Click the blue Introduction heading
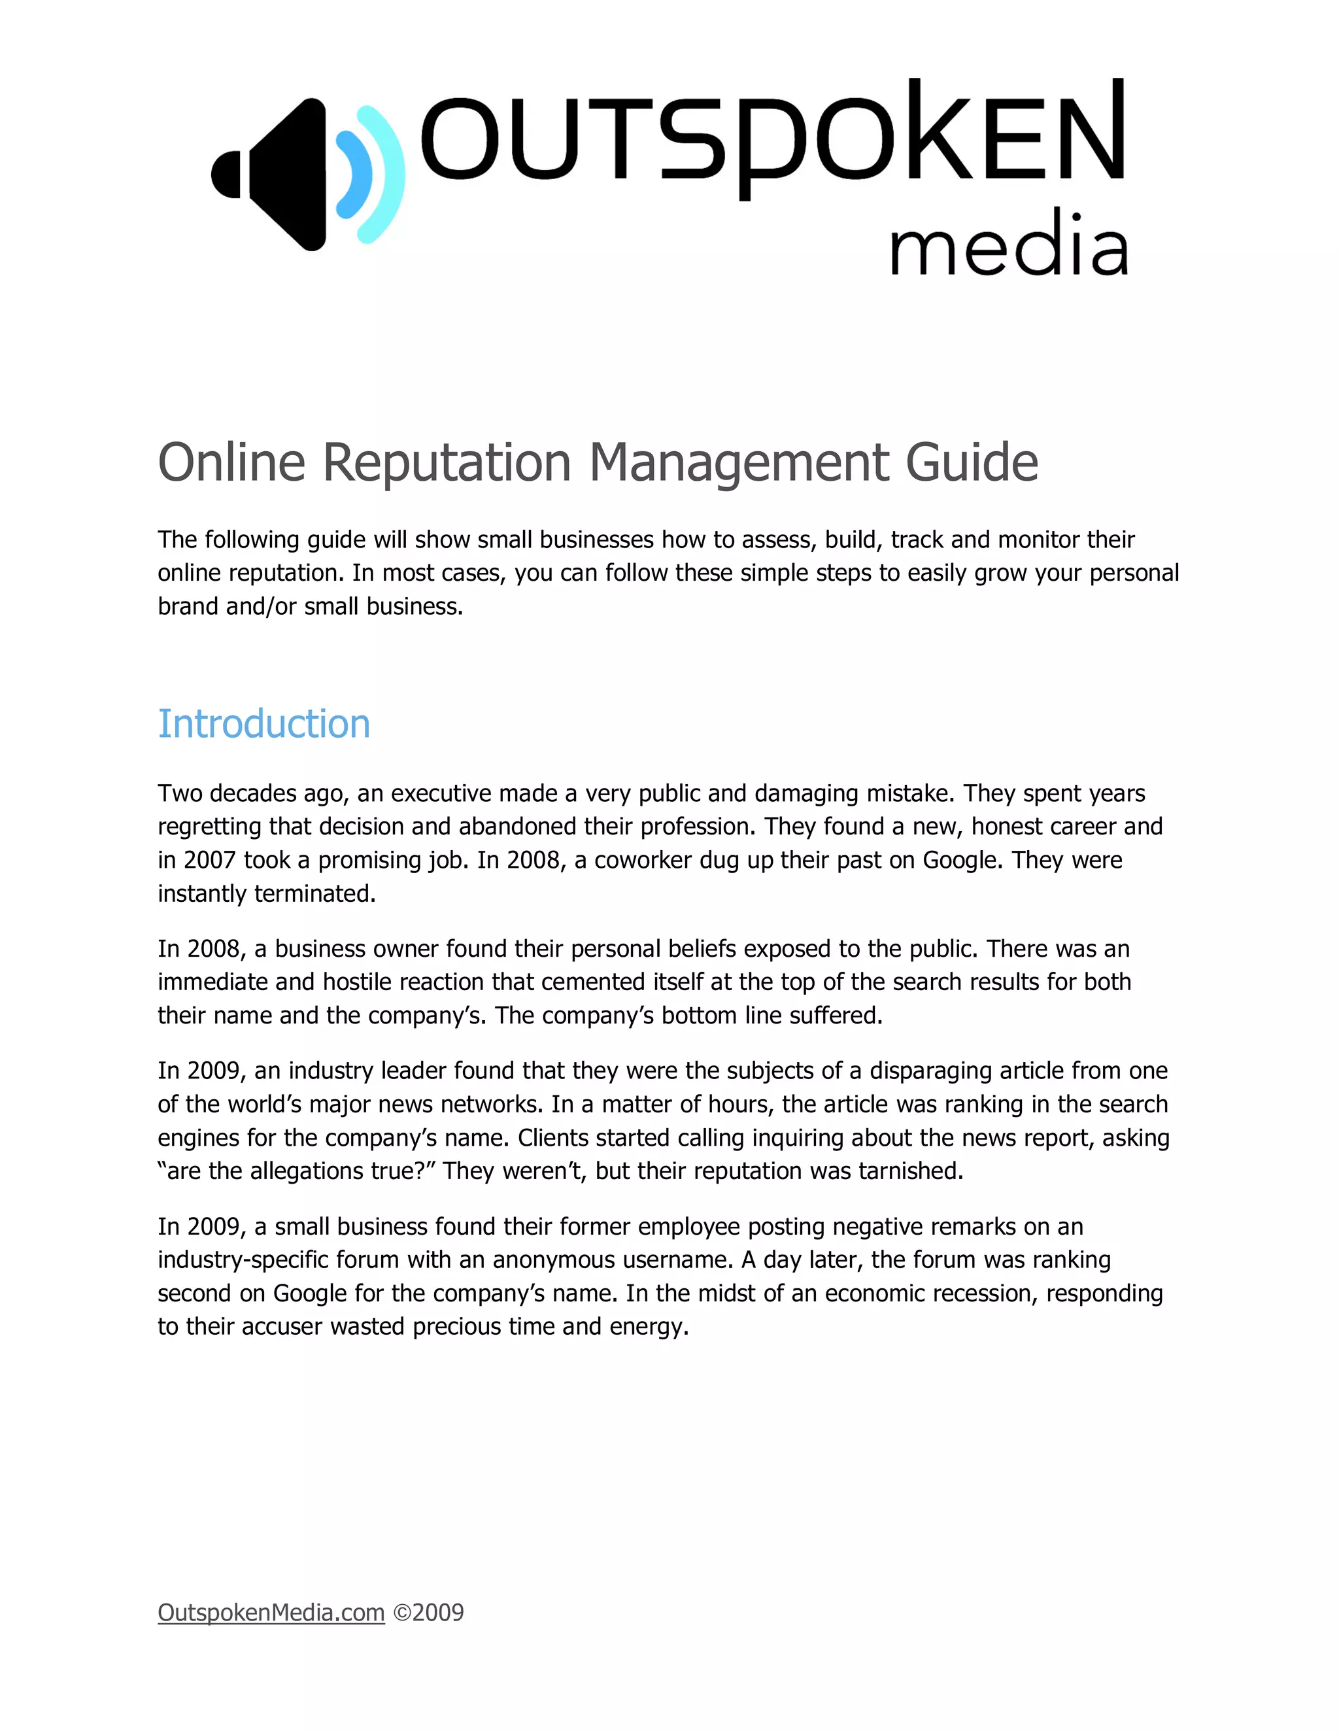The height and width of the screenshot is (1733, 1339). pyautogui.click(x=263, y=724)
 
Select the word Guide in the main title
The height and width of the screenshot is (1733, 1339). pyautogui.click(x=972, y=462)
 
